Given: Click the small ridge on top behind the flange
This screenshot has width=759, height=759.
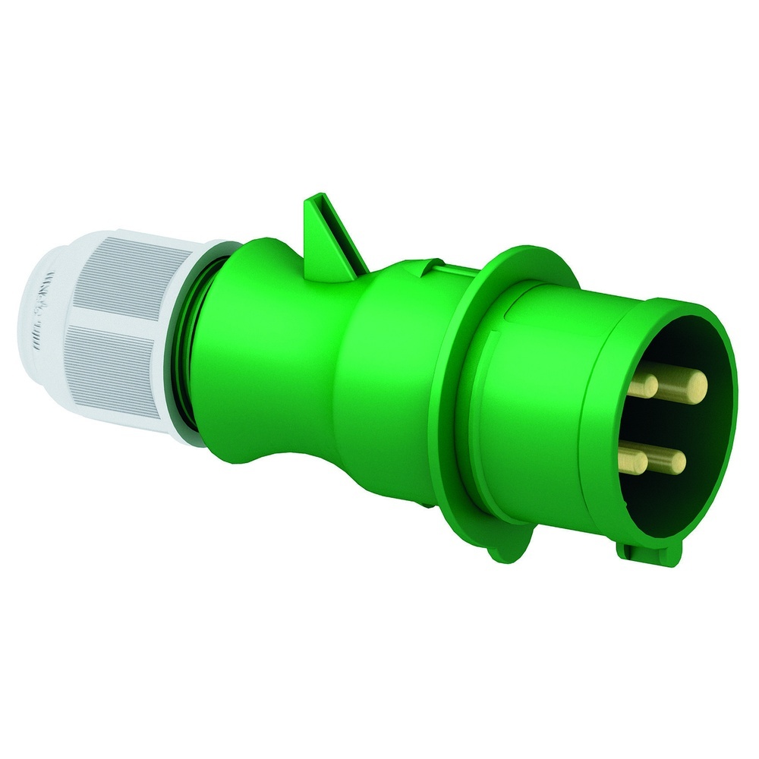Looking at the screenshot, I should click(x=429, y=265).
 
